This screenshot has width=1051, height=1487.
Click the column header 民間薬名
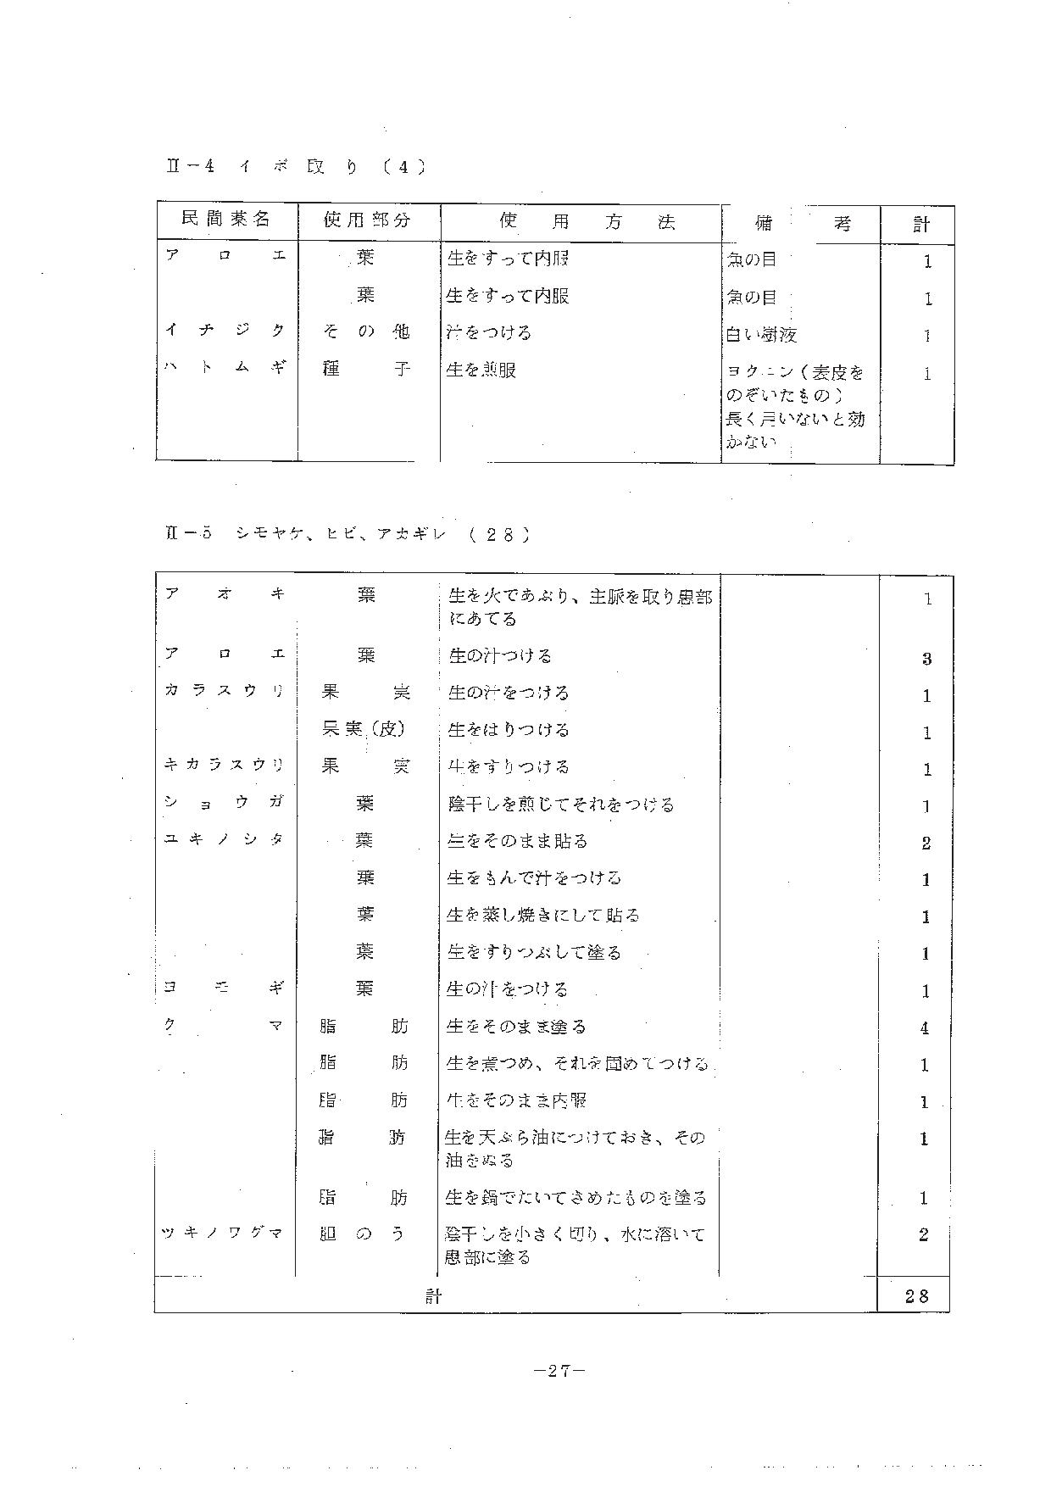[226, 220]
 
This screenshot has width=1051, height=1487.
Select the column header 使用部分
[367, 220]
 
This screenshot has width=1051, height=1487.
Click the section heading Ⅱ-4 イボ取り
[296, 167]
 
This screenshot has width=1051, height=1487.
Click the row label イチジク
[225, 331]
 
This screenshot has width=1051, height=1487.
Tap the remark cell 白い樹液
[761, 335]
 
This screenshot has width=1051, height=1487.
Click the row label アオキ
[225, 594]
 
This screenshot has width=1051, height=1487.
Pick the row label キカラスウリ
[225, 765]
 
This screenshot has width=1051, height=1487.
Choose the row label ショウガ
[225, 802]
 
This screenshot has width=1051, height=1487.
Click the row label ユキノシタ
[225, 839]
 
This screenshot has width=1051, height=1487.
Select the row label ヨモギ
[225, 988]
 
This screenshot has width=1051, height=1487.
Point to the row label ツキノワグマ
[223, 1233]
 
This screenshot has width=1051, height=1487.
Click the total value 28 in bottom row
[917, 1295]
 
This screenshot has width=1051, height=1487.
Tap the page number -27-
[560, 1371]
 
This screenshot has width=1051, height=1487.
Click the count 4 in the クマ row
[925, 1028]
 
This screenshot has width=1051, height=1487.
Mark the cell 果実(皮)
[364, 728]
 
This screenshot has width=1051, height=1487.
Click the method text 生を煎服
[481, 370]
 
